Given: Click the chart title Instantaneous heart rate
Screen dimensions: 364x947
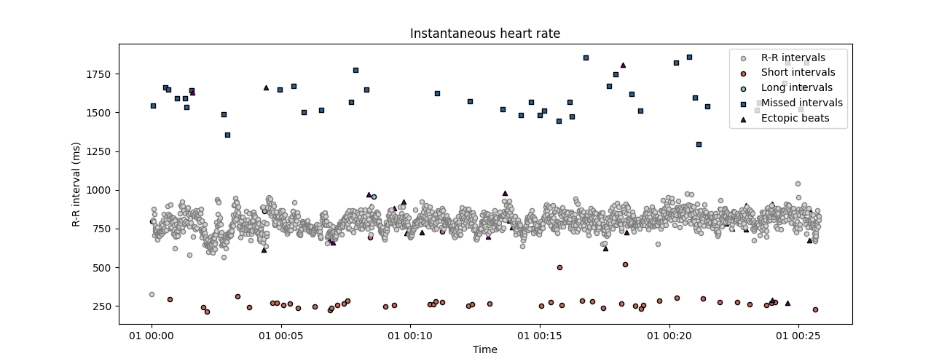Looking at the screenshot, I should [x=484, y=34].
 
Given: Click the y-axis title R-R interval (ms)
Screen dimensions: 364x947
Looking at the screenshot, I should [x=76, y=184].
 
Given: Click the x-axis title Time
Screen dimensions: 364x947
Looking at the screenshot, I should [x=484, y=349].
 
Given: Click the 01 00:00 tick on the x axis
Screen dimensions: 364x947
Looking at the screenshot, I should [x=152, y=336].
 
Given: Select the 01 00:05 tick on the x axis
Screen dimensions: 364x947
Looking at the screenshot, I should [x=281, y=336].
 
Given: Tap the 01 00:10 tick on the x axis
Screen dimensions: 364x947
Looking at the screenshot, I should [x=410, y=336].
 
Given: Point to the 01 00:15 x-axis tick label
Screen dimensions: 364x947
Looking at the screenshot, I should [x=540, y=336].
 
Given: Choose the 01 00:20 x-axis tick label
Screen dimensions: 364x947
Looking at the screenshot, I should [x=669, y=336].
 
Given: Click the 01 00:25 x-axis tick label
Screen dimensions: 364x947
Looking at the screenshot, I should [x=798, y=336].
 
